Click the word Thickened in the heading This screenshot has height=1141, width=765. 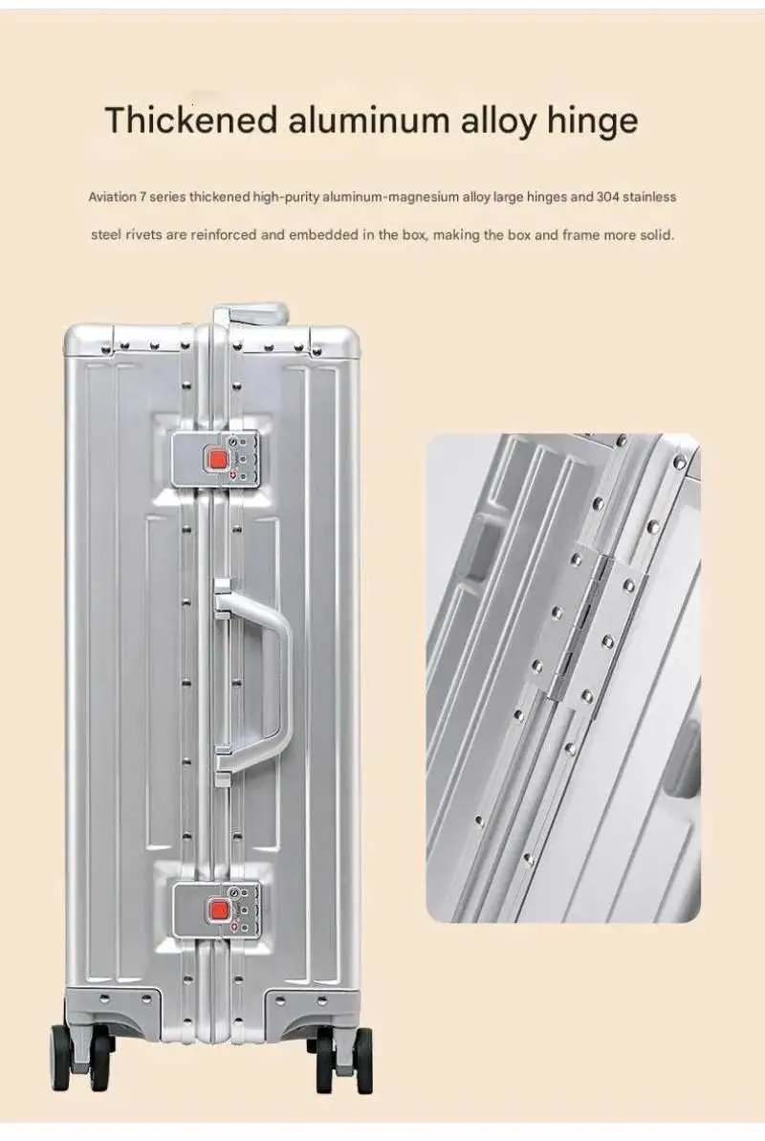coord(190,120)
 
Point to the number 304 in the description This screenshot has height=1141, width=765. coord(608,196)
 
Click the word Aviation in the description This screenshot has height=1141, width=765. coord(112,196)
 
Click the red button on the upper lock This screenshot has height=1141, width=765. coord(217,460)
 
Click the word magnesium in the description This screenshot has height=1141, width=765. coord(421,196)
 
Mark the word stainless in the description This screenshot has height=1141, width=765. coord(649,196)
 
